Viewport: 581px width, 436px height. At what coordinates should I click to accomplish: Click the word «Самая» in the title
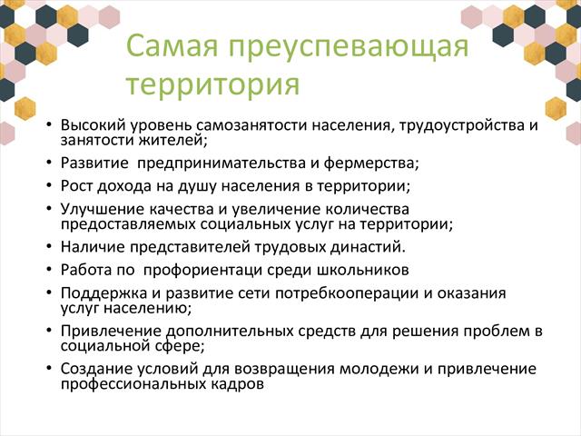[x=172, y=45]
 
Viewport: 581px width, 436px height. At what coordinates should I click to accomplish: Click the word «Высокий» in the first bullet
[x=94, y=124]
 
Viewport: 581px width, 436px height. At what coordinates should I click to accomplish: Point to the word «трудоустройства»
[x=458, y=125]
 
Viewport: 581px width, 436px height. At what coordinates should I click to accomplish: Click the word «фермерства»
[x=370, y=163]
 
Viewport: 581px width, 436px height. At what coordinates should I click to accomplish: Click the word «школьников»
[x=363, y=270]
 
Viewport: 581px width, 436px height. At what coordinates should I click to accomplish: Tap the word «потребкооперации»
[x=347, y=293]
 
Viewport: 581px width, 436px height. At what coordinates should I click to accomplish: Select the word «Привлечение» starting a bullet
[x=111, y=331]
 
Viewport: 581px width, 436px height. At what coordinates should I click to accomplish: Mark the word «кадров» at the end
[x=238, y=383]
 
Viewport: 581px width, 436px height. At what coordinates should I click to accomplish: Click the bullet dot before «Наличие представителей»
[x=49, y=246]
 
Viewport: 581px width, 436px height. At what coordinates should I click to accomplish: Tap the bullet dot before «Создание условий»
[x=49, y=368]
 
